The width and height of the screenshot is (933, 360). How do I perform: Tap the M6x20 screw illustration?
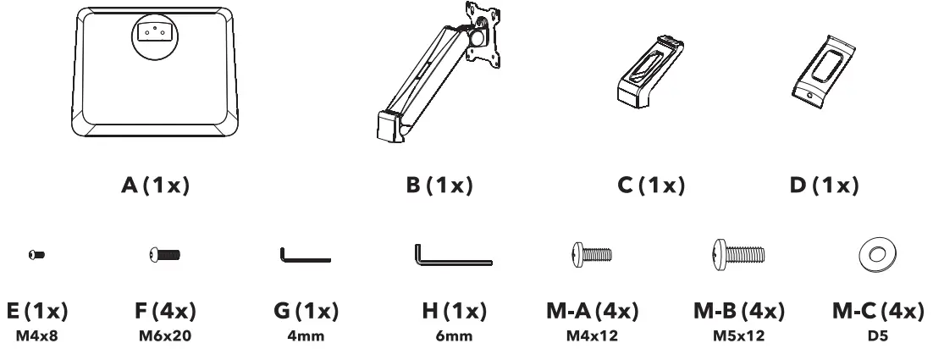click(x=163, y=253)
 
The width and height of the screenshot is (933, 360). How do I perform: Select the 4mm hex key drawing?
click(x=304, y=256)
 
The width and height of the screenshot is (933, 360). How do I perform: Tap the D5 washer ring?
click(x=873, y=253)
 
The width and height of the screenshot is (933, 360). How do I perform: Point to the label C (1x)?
click(x=649, y=186)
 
